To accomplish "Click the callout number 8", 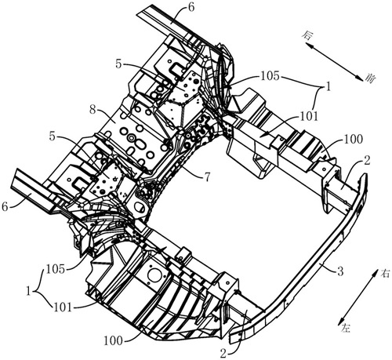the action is (93, 110).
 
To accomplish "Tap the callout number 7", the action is (206, 178).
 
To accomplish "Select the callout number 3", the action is (340, 272).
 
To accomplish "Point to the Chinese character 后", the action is (307, 35).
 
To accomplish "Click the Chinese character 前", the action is (370, 78).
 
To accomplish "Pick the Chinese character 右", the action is (385, 274).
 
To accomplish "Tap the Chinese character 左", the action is (345, 327).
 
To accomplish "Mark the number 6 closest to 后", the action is (191, 8).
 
